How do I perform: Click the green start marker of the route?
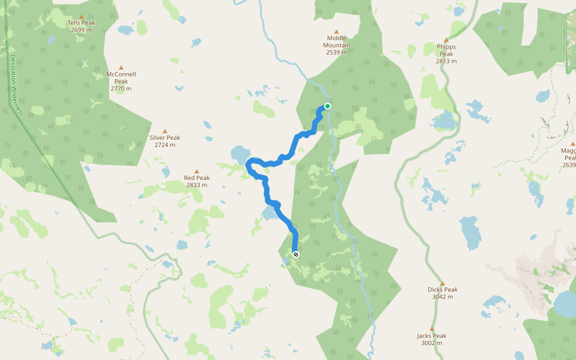[328, 106]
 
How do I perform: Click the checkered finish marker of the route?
[296, 254]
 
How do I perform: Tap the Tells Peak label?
[82, 23]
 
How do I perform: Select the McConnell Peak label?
[121, 77]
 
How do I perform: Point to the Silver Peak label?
[164, 137]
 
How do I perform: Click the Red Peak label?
[197, 178]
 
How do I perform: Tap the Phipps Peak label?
[446, 50]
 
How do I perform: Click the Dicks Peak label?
[443, 289]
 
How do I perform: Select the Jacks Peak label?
[431, 336]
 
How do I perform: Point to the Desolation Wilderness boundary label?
[16, 85]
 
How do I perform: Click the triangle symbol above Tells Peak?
[82, 15]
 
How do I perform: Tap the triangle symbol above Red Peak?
[197, 170]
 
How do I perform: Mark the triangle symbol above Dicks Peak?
[443, 283]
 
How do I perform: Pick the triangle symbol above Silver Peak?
[164, 130]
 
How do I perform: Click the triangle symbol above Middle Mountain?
[336, 31]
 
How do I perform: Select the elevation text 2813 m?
[446, 61]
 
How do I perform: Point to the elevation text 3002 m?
[431, 343]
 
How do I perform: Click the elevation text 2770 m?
[121, 89]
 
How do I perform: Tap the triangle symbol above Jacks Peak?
[431, 329]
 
